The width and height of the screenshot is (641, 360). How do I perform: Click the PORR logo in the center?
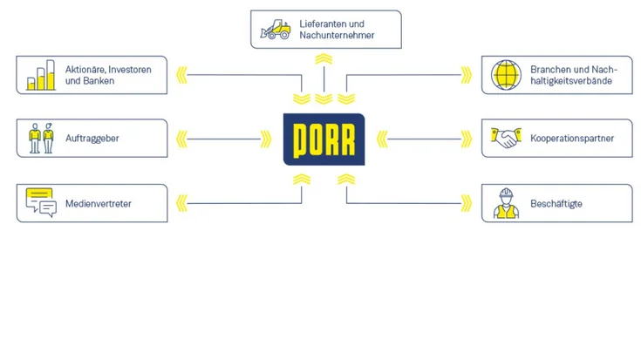click(324, 139)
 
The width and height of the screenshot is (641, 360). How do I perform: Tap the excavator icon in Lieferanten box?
click(275, 30)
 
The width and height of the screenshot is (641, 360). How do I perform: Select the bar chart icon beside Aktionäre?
click(41, 75)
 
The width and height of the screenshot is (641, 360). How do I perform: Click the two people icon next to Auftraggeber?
click(41, 138)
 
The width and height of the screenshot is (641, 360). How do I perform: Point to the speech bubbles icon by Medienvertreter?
click(41, 203)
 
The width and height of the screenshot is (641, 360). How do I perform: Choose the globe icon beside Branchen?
click(505, 74)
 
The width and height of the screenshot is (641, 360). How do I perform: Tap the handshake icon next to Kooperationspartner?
click(505, 138)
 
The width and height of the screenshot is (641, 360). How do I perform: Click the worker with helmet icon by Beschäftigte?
click(505, 203)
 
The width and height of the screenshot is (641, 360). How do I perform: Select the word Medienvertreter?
click(99, 204)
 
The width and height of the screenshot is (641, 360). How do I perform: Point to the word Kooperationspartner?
click(572, 138)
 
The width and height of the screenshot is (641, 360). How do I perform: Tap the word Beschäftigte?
click(556, 204)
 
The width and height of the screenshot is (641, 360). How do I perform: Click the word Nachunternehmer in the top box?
click(338, 36)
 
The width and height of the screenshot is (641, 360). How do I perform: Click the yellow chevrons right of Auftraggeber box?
click(182, 138)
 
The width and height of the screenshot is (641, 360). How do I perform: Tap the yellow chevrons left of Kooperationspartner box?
click(466, 138)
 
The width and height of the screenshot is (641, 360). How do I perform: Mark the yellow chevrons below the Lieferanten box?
click(324, 59)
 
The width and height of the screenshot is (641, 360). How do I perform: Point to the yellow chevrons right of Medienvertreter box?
click(182, 204)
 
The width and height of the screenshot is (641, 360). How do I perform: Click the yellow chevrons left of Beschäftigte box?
click(466, 204)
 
